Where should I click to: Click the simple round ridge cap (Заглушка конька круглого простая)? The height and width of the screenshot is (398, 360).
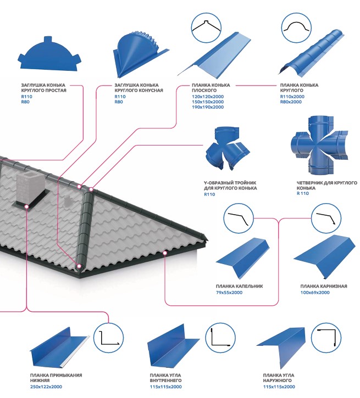point(49,57)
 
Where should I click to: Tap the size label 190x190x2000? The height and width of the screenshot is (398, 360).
point(208,107)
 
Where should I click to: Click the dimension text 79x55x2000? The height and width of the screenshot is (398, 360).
point(229,293)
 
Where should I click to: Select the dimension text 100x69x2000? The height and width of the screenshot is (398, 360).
point(315,293)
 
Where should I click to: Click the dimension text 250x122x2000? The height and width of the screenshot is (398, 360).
point(46,387)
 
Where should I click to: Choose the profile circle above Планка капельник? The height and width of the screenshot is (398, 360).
point(239,218)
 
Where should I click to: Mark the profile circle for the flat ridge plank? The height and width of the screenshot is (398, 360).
point(206,27)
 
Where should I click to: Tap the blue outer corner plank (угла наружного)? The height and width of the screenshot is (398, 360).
point(281,347)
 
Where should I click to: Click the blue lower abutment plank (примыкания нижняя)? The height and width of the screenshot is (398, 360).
point(60,347)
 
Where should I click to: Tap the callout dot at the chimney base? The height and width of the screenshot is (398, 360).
point(26,206)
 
